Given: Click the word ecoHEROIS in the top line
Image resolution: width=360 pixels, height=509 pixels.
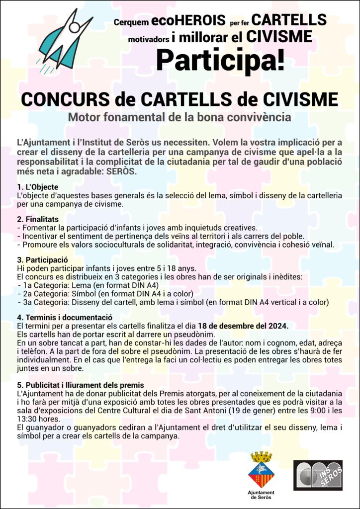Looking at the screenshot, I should (x=183, y=21).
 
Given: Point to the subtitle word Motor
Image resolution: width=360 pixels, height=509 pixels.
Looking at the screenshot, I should (x=84, y=118).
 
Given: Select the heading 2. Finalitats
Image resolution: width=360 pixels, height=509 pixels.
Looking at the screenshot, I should (x=38, y=219).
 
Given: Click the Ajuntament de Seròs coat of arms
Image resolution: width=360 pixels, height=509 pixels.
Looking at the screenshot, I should (x=261, y=469).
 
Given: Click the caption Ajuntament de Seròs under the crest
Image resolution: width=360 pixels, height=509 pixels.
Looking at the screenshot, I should (x=261, y=495).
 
